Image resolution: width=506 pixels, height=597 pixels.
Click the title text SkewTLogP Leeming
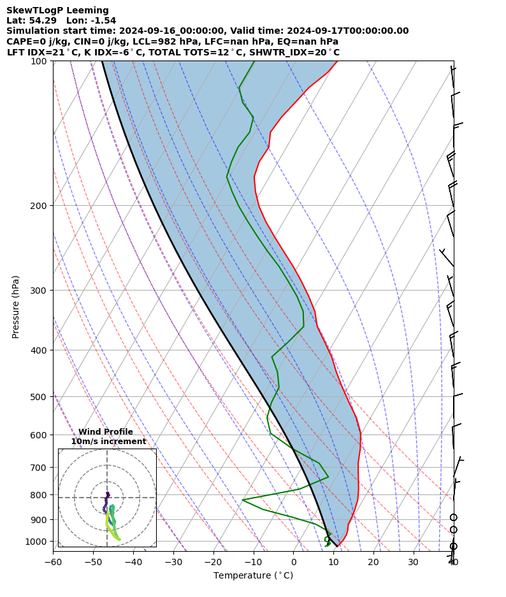[57, 10]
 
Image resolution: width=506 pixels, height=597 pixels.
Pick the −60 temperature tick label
[53, 562]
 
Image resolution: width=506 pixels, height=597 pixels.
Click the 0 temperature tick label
[294, 562]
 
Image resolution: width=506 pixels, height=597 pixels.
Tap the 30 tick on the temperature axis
[414, 562]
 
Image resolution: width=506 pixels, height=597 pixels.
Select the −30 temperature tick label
[173, 562]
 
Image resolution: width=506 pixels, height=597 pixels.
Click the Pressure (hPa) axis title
[16, 306]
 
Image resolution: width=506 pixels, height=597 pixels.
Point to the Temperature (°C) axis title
[253, 576]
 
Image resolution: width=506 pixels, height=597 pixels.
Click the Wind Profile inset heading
[106, 432]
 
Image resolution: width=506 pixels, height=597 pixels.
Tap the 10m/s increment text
[108, 442]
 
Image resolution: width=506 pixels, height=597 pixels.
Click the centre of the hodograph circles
[107, 498]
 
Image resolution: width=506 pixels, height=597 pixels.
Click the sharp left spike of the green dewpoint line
[243, 500]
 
